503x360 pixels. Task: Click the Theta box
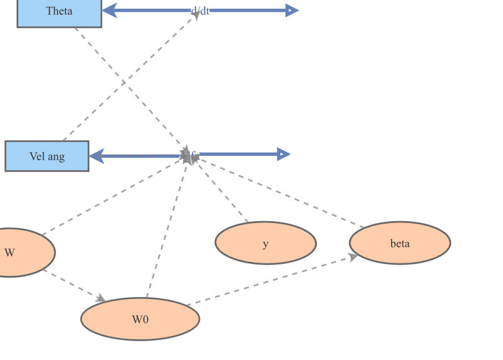point(59,12)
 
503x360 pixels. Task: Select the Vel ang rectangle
point(47,156)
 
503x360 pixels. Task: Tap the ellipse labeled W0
point(140,319)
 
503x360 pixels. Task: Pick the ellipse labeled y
point(265,243)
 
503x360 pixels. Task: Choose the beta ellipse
point(400,243)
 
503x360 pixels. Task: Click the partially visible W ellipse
point(19,253)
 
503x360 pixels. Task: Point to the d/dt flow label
point(200,11)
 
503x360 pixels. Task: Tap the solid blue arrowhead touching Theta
point(109,10)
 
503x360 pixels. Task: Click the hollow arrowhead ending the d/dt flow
point(291,10)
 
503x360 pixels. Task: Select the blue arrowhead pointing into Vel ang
point(97,156)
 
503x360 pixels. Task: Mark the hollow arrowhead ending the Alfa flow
point(284,154)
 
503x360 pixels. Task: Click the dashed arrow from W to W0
point(72,285)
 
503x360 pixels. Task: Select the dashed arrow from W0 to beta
point(270,280)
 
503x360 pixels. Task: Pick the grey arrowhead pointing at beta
point(353,257)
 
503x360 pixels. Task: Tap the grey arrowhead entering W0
point(99,298)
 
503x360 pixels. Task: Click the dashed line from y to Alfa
point(223,192)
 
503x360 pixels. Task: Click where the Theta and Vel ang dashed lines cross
point(123,82)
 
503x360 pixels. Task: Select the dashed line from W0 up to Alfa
point(167,229)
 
